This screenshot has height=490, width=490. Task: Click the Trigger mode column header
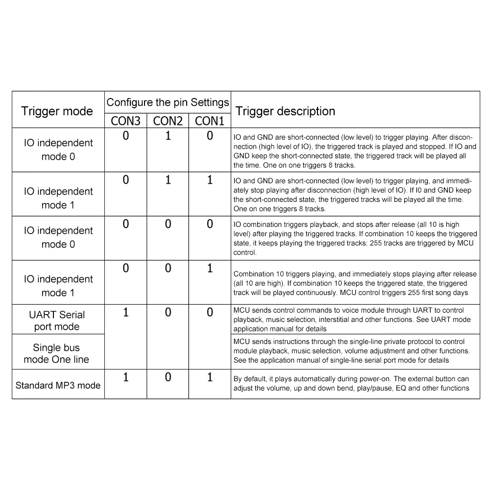click(x=57, y=111)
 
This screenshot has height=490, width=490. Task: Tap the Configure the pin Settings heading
click(x=168, y=102)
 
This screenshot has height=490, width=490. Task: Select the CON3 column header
click(x=125, y=121)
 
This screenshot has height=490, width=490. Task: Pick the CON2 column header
click(x=168, y=121)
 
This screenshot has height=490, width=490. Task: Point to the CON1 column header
click(x=209, y=121)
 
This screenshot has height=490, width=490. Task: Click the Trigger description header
click(x=285, y=111)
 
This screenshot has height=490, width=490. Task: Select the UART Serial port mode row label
click(x=57, y=320)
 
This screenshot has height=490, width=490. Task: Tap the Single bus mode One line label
click(x=57, y=353)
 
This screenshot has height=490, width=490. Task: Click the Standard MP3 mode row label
click(x=58, y=385)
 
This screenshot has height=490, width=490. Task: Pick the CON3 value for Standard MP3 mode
click(x=126, y=377)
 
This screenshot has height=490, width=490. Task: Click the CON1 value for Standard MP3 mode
click(x=210, y=377)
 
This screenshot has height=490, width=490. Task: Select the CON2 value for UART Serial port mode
click(x=168, y=313)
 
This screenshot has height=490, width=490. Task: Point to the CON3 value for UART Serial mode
click(x=126, y=313)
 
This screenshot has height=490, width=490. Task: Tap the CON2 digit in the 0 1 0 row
click(x=168, y=136)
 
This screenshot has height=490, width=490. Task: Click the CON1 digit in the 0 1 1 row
click(x=210, y=180)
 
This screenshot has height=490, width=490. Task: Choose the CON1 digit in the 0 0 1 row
click(x=210, y=268)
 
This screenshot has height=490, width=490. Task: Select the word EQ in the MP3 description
click(x=401, y=388)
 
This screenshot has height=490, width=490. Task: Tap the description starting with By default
click(x=351, y=383)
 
